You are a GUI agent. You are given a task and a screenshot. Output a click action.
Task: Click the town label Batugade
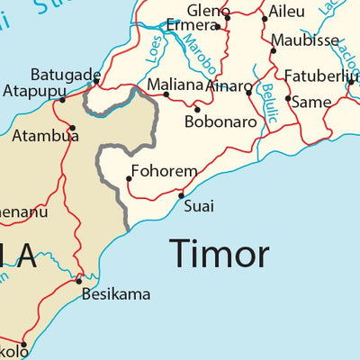tap(65, 75)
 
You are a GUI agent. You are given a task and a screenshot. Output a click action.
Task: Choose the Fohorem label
tap(164, 170)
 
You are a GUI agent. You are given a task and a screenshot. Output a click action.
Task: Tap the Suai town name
tap(199, 206)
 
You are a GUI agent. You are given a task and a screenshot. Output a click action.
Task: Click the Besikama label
tap(116, 293)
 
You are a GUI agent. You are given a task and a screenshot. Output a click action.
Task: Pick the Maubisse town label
tap(305, 40)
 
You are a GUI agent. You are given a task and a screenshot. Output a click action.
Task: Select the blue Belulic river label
tap(269, 102)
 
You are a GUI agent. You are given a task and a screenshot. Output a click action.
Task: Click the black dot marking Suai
tap(181, 195)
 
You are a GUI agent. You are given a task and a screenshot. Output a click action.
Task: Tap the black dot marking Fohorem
tap(129, 178)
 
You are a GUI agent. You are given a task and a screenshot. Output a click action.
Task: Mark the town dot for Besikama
tap(78, 281)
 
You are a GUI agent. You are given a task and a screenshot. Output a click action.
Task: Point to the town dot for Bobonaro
tap(197, 109)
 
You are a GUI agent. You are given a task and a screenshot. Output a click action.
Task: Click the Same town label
tap(312, 102)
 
